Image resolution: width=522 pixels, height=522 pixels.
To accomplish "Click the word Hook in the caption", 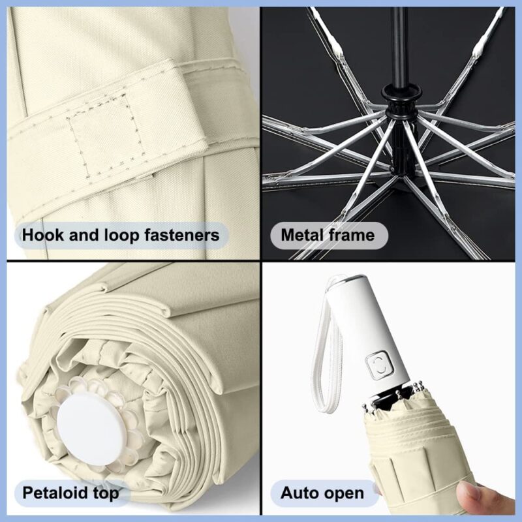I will pyautogui.click(x=42, y=234).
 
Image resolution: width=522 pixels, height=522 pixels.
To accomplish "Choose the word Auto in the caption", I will pyautogui.click(x=299, y=493).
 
